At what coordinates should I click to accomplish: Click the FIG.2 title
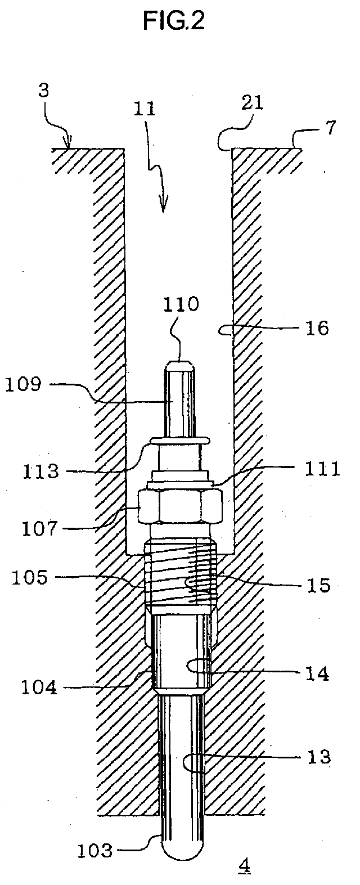pyautogui.click(x=173, y=21)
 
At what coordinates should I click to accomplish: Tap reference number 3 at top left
pyautogui.click(x=43, y=90)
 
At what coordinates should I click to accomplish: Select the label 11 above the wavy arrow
pyautogui.click(x=144, y=108)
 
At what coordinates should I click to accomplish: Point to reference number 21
pyautogui.click(x=252, y=103)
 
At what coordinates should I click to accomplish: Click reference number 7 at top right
pyautogui.click(x=330, y=128)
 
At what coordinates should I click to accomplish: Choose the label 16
pyautogui.click(x=317, y=328)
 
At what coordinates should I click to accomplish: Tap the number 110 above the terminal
pyautogui.click(x=180, y=304)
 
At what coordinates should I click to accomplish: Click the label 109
pyautogui.click(x=23, y=384)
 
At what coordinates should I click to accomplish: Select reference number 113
pyautogui.click(x=40, y=471)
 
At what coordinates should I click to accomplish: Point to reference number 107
pyautogui.click(x=39, y=529)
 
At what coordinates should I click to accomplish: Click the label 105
pyautogui.click(x=30, y=578)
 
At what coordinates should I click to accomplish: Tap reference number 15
pyautogui.click(x=318, y=585)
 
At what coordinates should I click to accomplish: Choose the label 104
pyautogui.click(x=39, y=688)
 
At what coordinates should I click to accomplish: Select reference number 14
pyautogui.click(x=317, y=673)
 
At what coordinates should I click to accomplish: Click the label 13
pyautogui.click(x=319, y=757)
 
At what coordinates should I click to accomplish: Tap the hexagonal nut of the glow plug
pyautogui.click(x=181, y=506)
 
